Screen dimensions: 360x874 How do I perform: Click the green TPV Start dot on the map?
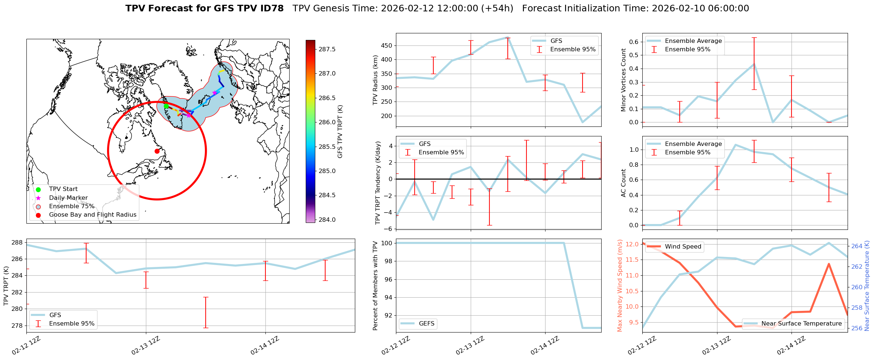[x=166, y=106]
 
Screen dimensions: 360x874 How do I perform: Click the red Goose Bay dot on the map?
[x=157, y=151]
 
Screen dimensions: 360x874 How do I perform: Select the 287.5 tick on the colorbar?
[x=327, y=49]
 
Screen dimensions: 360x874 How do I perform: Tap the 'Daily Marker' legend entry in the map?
[x=68, y=198]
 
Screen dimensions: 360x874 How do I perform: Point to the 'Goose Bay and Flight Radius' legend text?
[x=92, y=215]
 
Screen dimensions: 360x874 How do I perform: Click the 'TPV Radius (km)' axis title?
[x=375, y=80]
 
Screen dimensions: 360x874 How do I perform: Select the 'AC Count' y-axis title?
[x=624, y=183]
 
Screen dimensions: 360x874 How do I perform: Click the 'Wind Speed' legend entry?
[x=683, y=247]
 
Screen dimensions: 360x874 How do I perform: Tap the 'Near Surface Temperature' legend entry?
[x=801, y=324]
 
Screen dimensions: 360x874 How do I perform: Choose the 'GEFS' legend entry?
[x=426, y=324]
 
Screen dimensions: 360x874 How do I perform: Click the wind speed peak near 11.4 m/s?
[x=829, y=264]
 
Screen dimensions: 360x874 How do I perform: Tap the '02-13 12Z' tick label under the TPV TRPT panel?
[x=146, y=345]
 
